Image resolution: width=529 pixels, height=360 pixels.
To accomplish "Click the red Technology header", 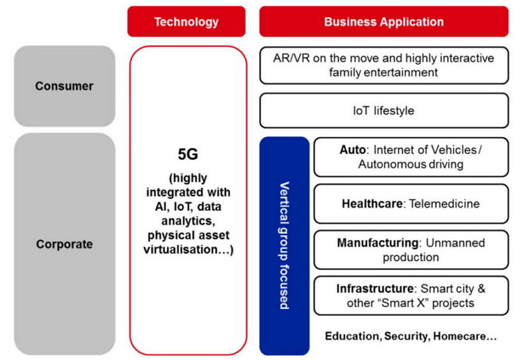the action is pos(187,21).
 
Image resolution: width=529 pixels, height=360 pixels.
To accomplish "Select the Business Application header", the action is pos(384,21).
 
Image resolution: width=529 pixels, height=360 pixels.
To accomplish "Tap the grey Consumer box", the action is pos(64,86).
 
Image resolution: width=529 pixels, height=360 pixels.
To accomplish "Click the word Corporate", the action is pos(64,244).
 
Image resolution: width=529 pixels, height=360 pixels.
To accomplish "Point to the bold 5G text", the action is pos(188,154).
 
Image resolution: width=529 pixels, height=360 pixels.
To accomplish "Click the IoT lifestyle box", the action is pos(384,110).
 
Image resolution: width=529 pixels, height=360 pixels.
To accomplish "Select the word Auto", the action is pos(353,150).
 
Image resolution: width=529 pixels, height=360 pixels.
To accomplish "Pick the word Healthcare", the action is pos(372,204).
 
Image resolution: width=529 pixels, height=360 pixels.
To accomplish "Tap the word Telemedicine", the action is pos(444,204).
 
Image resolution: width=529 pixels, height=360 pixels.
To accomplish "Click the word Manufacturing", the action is pos(378,243).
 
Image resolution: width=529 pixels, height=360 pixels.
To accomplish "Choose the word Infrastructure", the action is pos(375,289).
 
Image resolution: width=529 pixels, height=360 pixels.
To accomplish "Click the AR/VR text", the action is pos(291,58).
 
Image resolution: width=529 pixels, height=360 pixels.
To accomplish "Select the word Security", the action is pos(407,336).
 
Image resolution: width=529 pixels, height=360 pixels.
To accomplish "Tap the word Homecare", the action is pos(460,336).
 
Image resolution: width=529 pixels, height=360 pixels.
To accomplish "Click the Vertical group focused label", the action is pos(285,245).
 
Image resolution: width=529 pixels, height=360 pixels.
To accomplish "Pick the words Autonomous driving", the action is pos(411,164).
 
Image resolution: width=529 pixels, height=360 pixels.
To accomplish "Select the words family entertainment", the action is pos(383,72).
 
